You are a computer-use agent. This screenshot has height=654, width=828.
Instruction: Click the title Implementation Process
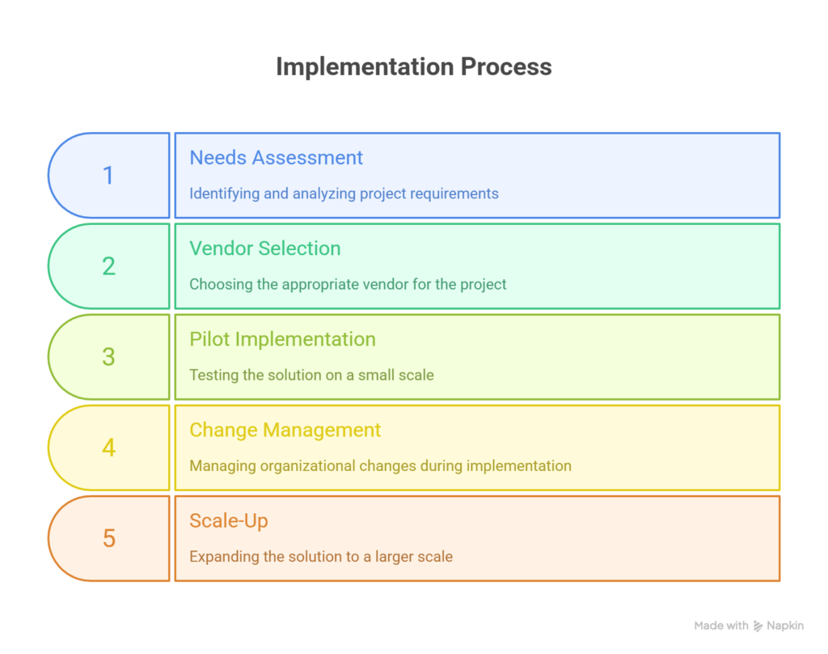(413, 66)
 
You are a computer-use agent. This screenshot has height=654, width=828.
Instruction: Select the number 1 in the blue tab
(108, 175)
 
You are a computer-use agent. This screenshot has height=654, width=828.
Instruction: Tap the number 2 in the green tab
(108, 266)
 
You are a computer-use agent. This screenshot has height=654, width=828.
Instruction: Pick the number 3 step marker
(108, 357)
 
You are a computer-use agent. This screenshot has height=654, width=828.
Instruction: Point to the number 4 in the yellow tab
(108, 448)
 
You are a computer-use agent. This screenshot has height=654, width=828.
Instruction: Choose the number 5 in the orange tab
(108, 538)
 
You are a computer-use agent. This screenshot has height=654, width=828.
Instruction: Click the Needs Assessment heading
(276, 157)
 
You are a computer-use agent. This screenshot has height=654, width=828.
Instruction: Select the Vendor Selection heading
(264, 248)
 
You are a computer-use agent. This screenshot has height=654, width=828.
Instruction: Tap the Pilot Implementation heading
(282, 339)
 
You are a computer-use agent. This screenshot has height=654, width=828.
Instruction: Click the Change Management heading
(285, 430)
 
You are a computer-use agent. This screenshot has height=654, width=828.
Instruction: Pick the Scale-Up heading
(228, 520)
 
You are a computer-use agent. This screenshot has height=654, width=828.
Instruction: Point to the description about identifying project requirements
(344, 193)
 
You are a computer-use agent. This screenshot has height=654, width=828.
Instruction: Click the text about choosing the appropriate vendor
(348, 284)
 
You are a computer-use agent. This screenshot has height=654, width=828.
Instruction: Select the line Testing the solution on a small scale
(311, 375)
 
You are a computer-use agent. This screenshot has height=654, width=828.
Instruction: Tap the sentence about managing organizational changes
(380, 465)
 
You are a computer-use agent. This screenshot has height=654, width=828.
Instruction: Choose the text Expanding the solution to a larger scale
(321, 556)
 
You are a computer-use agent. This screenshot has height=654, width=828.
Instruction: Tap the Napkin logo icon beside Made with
(758, 626)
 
